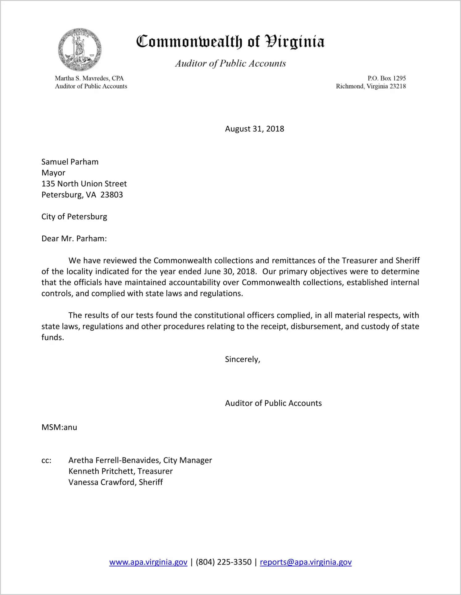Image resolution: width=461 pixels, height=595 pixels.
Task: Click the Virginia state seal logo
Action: pos(80,50)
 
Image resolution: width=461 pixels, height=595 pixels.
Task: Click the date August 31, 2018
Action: pos(254,129)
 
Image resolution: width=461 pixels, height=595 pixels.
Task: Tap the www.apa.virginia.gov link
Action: pos(148,562)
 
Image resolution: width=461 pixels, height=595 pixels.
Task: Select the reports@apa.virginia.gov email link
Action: pos(305,562)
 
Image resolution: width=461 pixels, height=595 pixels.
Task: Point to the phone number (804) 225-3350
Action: pos(223,562)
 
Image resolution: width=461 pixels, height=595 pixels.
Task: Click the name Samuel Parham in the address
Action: pos(70,162)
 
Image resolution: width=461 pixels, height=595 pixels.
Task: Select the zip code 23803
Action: pos(111,195)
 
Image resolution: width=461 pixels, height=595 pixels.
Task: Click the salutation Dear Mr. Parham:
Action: pos(74,238)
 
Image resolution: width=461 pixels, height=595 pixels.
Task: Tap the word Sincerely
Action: pos(242,359)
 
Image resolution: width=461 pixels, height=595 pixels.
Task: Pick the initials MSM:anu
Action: pos(59,427)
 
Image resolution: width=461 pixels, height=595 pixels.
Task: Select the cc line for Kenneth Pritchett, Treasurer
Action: pos(120,471)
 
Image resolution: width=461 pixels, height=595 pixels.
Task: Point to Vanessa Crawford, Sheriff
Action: pos(115,482)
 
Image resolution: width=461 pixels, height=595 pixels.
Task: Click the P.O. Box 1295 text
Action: pos(386,78)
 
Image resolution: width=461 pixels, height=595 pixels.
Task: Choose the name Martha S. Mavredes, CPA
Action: pos(89,78)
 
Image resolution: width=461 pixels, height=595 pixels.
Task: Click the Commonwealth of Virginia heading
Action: pos(230,42)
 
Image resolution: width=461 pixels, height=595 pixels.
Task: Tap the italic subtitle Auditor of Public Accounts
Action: pos(230,63)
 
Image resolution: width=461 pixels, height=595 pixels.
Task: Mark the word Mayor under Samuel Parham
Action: pos(53,173)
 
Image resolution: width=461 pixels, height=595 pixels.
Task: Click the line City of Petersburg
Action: pos(74,217)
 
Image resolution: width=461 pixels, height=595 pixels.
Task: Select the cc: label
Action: pos(46,460)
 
